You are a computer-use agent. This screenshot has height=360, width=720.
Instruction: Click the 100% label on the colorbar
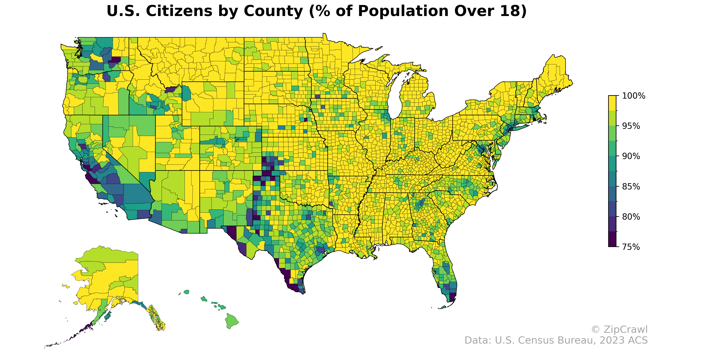coord(633,96)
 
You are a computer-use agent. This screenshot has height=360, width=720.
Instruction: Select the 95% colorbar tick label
coord(631,126)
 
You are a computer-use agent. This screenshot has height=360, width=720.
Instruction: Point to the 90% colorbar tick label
coord(631,156)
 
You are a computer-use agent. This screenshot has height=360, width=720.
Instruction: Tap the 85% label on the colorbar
coord(631,186)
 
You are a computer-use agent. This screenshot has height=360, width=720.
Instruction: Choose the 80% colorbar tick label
coord(631,217)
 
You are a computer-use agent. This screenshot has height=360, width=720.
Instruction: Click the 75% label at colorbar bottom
coord(631,247)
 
